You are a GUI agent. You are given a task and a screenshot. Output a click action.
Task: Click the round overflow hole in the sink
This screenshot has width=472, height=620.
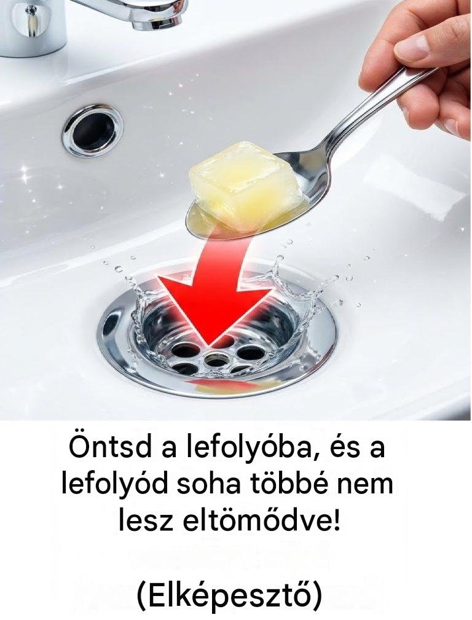92,130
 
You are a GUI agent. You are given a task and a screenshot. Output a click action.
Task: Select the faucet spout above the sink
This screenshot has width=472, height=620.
130,11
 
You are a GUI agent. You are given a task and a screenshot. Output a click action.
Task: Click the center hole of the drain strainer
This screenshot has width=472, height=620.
216,360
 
